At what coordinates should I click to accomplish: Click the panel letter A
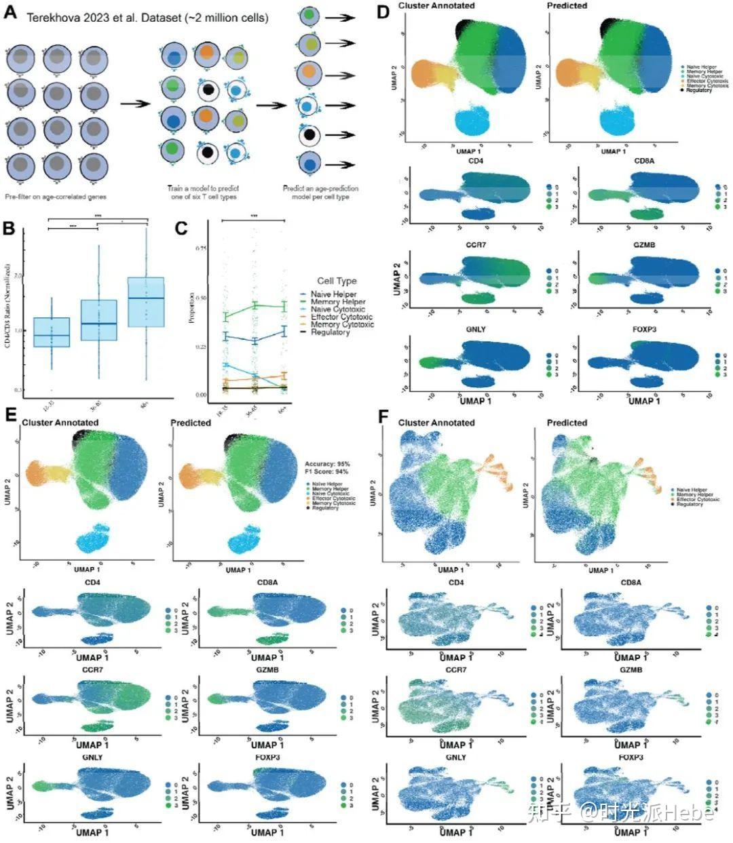[10, 12]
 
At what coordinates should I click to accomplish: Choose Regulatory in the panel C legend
[331, 332]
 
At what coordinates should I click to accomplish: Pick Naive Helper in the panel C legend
[333, 294]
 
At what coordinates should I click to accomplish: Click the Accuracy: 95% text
[328, 464]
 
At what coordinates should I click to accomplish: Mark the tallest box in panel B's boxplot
[146, 302]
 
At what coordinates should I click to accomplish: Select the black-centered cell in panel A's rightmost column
[309, 135]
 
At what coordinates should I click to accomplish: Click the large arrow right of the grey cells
[135, 104]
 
